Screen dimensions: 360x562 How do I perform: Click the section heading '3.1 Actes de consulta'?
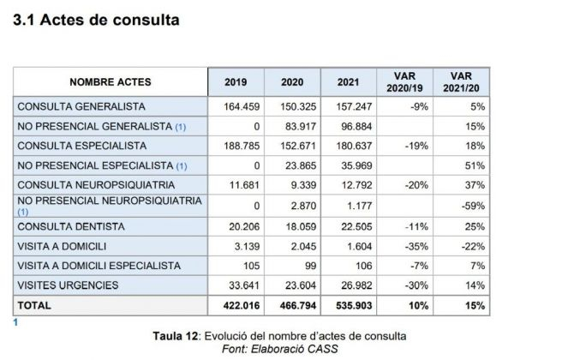click(x=96, y=20)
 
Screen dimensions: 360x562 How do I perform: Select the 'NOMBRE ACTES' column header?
click(x=111, y=82)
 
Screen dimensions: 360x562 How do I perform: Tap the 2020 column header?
click(x=292, y=82)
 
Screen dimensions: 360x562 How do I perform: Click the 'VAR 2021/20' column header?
click(x=460, y=82)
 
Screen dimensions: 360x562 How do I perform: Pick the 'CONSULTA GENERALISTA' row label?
click(x=81, y=107)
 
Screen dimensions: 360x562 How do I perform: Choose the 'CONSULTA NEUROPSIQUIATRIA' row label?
click(x=96, y=184)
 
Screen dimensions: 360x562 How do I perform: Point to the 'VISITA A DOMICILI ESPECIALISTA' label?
click(x=99, y=266)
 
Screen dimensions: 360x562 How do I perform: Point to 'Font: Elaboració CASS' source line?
click(x=279, y=348)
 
